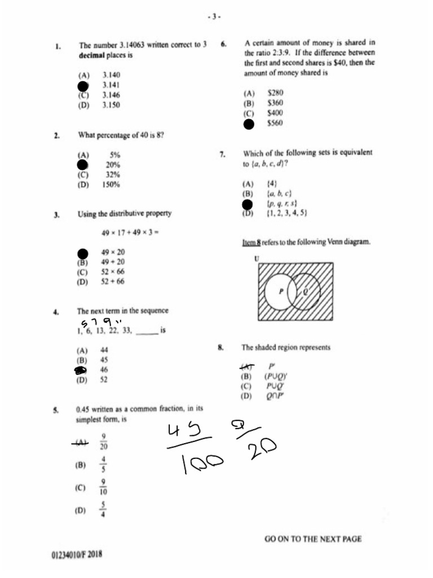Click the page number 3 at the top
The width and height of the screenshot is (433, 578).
tap(214, 17)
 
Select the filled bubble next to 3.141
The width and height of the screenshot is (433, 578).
tap(83, 86)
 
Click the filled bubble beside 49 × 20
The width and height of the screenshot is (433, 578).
tap(83, 253)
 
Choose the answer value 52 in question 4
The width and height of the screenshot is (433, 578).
tap(104, 380)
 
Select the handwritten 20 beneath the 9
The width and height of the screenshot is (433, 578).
tap(262, 450)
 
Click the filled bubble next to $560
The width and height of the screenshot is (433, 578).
tap(248, 124)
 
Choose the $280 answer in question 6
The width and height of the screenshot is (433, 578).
tap(275, 93)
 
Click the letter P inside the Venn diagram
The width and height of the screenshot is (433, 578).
tap(281, 291)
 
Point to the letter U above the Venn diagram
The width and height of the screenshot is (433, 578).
tap(257, 259)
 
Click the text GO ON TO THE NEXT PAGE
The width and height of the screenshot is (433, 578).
tap(313, 539)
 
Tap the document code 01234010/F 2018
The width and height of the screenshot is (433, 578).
tap(77, 554)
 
